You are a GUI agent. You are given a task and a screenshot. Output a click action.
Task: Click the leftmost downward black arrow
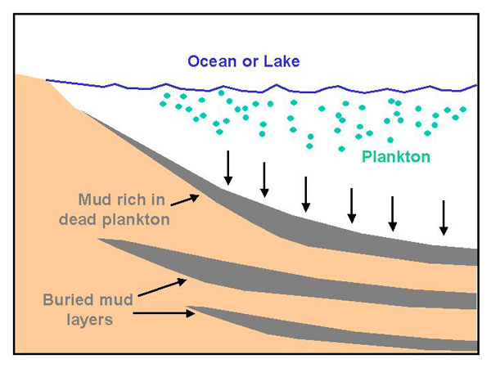click(x=228, y=168)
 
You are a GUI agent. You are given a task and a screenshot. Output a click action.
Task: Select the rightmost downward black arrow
click(x=444, y=217)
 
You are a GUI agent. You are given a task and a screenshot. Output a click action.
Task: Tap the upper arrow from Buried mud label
click(x=163, y=286)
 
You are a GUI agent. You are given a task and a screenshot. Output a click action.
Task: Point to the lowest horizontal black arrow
click(x=164, y=312)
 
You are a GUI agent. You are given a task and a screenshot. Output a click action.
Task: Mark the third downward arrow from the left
click(x=305, y=193)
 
